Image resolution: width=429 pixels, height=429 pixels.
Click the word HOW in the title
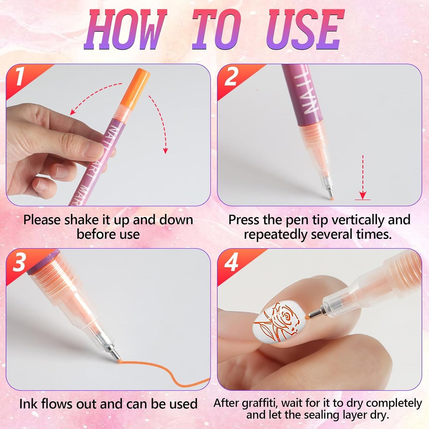(125, 30)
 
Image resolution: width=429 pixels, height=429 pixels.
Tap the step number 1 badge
(20, 77)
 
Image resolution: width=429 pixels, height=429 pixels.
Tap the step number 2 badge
(231, 77)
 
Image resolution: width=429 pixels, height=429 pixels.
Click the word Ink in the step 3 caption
(29, 404)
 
